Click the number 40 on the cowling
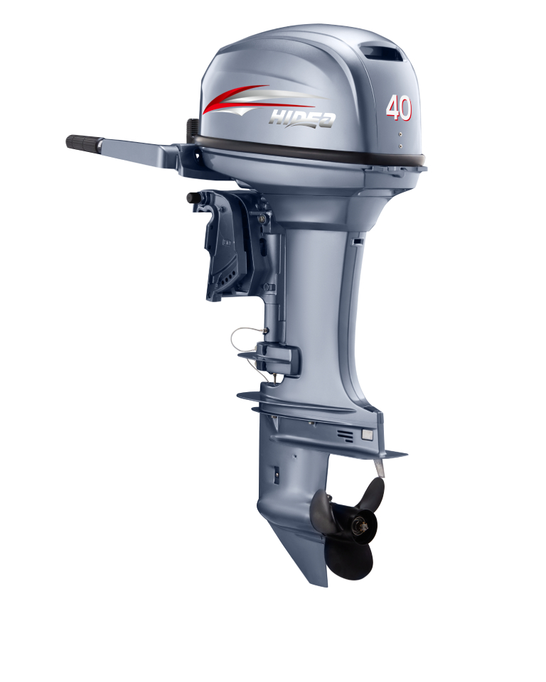[398, 107]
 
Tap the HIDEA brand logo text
[302, 119]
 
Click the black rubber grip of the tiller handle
[84, 142]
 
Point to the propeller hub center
[362, 526]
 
